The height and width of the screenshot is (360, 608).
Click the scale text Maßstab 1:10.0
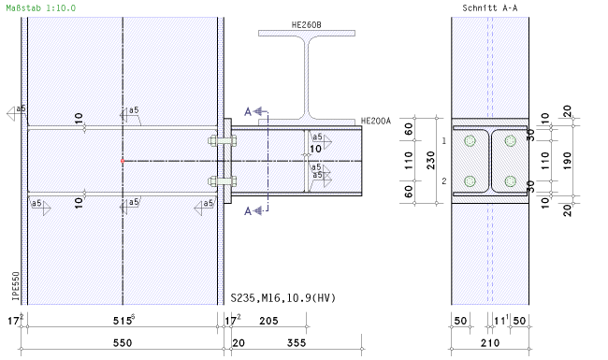click(41, 7)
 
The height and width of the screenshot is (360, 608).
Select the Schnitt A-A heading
click(490, 7)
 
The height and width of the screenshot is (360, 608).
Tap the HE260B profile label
click(306, 25)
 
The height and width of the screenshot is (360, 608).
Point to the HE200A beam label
click(376, 121)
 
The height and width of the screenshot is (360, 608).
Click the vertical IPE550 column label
click(16, 286)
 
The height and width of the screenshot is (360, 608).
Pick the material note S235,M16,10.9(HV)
click(283, 297)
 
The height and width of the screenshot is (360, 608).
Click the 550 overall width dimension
click(123, 343)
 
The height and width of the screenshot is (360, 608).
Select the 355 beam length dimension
click(297, 343)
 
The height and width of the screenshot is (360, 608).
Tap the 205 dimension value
click(268, 321)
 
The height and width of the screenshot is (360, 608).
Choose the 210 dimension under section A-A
click(490, 343)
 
